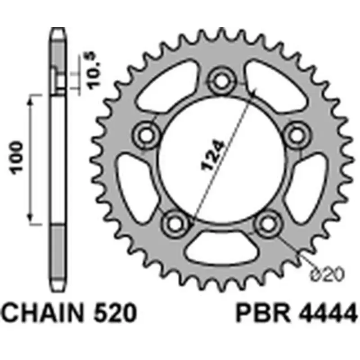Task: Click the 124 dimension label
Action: point(211,156)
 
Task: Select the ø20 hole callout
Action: point(328,274)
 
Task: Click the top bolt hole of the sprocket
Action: point(221,81)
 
